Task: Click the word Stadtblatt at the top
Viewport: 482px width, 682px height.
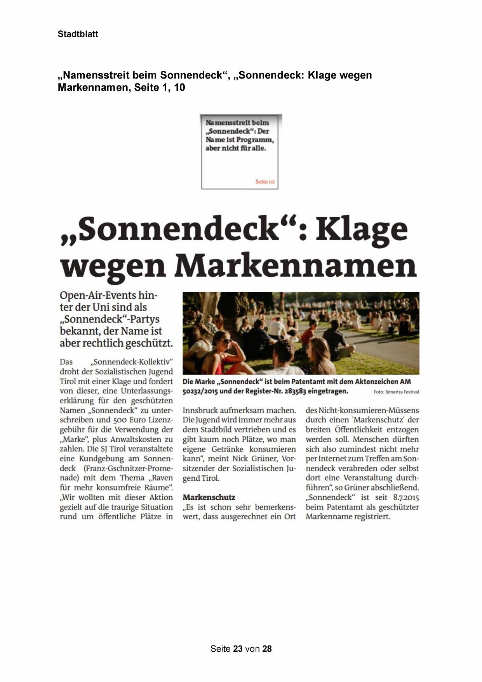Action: pyautogui.click(x=78, y=34)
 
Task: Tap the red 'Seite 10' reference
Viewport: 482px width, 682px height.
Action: pyautogui.click(x=265, y=181)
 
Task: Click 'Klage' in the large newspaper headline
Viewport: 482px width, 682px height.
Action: pyautogui.click(x=361, y=229)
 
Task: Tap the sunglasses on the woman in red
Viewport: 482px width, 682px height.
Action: pyautogui.click(x=226, y=341)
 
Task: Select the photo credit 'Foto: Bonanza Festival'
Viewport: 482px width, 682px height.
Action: pyautogui.click(x=396, y=392)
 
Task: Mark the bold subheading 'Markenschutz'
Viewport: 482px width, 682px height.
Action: pyautogui.click(x=209, y=497)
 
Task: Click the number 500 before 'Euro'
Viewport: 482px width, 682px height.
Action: pyautogui.click(x=120, y=420)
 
